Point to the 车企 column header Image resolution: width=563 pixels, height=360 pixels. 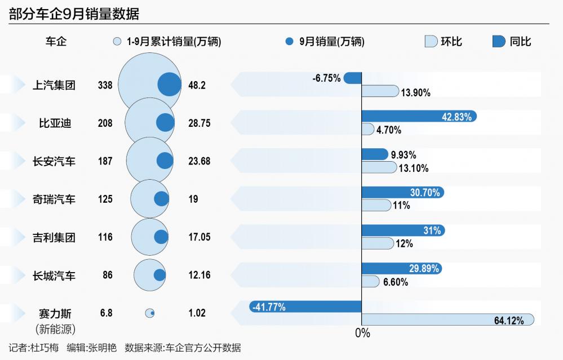click(x=56, y=41)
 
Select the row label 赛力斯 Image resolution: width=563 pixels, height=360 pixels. click(x=55, y=314)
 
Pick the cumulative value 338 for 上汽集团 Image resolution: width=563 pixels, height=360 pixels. click(x=105, y=85)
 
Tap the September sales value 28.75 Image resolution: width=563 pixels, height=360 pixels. click(x=199, y=123)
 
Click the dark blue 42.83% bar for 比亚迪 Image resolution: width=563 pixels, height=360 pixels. click(x=419, y=117)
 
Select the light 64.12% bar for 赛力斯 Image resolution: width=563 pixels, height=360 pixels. click(x=447, y=320)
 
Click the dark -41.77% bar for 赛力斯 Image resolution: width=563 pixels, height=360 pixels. click(x=305, y=307)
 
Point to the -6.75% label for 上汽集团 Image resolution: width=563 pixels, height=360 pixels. click(x=326, y=78)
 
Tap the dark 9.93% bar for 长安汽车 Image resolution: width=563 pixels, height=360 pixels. click(x=374, y=154)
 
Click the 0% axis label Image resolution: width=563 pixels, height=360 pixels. click(x=362, y=334)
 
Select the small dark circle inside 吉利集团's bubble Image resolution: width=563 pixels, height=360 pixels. click(x=161, y=237)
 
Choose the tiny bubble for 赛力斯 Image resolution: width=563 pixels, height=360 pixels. click(x=150, y=313)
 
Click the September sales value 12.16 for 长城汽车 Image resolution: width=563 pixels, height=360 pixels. click(x=199, y=275)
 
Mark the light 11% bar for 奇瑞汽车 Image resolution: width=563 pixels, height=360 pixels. click(x=376, y=206)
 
